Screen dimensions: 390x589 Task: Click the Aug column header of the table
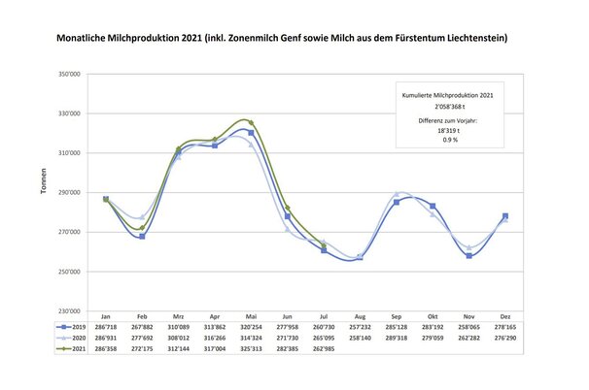(361, 317)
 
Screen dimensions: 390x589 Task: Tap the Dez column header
(503, 317)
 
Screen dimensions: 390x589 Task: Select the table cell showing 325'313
(250, 345)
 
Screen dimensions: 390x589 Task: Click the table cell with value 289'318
(397, 337)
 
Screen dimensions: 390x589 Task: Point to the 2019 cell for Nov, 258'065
(468, 327)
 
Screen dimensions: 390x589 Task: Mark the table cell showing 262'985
(324, 345)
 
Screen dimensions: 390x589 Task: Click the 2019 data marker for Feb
(142, 236)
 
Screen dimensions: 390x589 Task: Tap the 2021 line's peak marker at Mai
(251, 122)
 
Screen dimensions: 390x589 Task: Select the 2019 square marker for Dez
(504, 215)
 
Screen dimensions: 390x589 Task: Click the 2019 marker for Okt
(433, 206)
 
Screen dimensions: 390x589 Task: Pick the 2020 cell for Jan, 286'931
(106, 337)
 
